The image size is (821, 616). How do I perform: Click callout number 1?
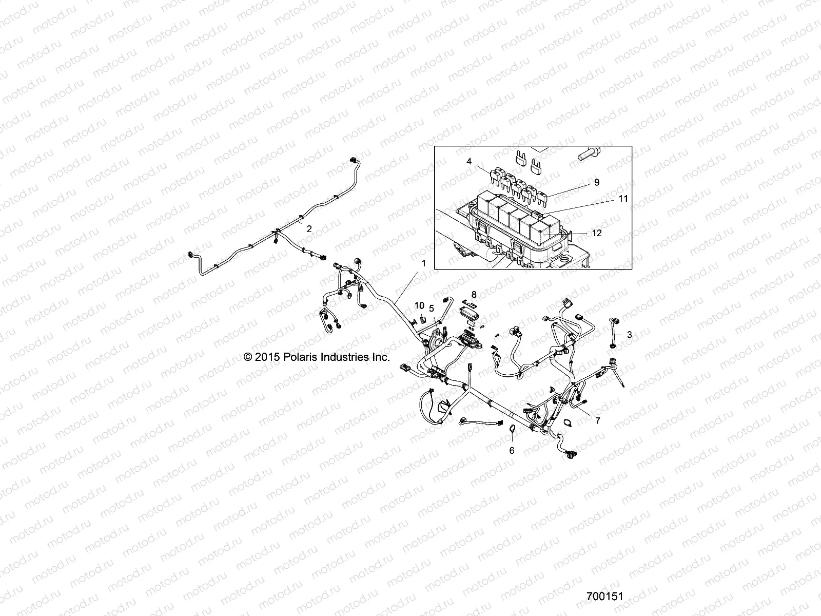tap(424, 263)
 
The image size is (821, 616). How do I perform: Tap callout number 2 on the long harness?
tap(309, 229)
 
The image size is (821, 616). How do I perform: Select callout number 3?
tap(630, 334)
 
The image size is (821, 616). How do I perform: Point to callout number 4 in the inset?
tap(468, 161)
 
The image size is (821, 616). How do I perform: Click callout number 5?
tap(432, 308)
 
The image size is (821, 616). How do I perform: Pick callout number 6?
tap(512, 451)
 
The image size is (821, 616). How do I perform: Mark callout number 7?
tap(597, 420)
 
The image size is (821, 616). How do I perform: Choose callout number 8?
tap(474, 294)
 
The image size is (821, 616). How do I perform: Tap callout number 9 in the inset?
tap(597, 182)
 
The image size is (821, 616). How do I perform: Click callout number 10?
tap(420, 305)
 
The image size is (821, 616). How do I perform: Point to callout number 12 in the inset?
tap(597, 233)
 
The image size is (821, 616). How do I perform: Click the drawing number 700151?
tap(604, 597)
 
